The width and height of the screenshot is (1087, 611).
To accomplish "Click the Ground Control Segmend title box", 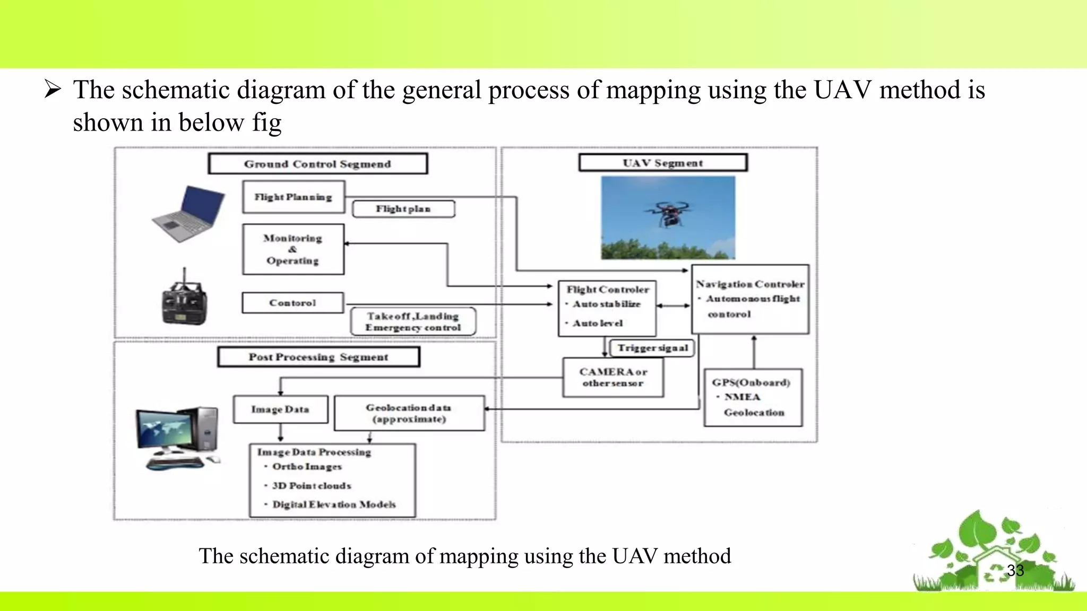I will [x=317, y=164].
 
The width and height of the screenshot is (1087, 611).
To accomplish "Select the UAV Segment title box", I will [x=663, y=163].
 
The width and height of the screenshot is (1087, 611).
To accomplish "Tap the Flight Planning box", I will [x=294, y=197].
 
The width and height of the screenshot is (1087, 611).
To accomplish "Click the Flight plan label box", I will [x=403, y=209].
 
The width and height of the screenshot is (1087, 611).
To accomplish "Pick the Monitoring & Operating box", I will [x=293, y=249].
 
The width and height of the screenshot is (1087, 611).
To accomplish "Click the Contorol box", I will [x=292, y=303].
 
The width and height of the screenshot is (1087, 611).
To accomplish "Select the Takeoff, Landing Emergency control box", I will [x=413, y=322].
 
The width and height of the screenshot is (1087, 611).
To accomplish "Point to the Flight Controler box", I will [x=607, y=308].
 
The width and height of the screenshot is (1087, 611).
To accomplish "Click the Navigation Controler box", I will [x=750, y=299].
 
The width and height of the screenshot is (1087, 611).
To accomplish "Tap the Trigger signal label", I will [x=652, y=348].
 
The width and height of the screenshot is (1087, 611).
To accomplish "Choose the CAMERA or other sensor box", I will [x=613, y=378].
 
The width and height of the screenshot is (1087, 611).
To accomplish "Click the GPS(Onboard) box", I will [x=753, y=397].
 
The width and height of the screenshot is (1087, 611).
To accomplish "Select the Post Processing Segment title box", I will [x=318, y=357].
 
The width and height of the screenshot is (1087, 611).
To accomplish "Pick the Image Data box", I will [x=280, y=409].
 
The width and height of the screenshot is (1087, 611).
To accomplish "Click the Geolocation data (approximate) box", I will [x=409, y=413].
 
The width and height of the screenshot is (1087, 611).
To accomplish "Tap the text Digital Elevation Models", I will [x=334, y=504].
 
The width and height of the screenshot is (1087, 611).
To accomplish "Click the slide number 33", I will [x=1015, y=570].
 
